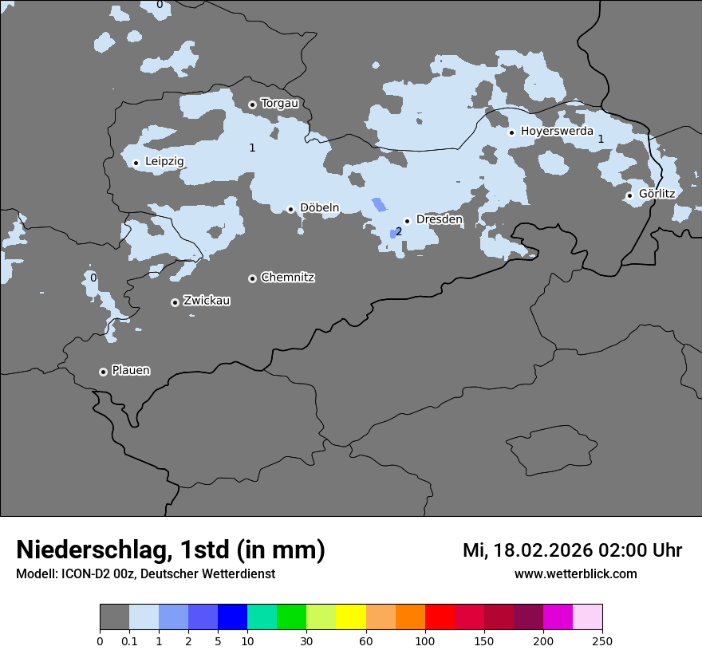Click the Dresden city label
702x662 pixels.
439,219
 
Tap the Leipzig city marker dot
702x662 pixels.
136,163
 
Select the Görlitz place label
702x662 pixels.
657,194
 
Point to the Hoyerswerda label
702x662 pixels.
557,131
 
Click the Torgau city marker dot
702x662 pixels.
252,104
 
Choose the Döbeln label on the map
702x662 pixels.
319,208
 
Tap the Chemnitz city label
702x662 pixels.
287,278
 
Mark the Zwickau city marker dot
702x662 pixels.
175,302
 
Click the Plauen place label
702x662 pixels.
131,371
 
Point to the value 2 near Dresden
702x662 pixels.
399,232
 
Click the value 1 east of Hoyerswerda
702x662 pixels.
601,140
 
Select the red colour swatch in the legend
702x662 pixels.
440,617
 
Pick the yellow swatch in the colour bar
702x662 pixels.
351,617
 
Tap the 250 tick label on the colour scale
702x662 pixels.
602,640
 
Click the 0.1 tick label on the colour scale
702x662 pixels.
129,640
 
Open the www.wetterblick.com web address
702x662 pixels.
575,574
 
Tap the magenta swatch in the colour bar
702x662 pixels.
558,617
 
